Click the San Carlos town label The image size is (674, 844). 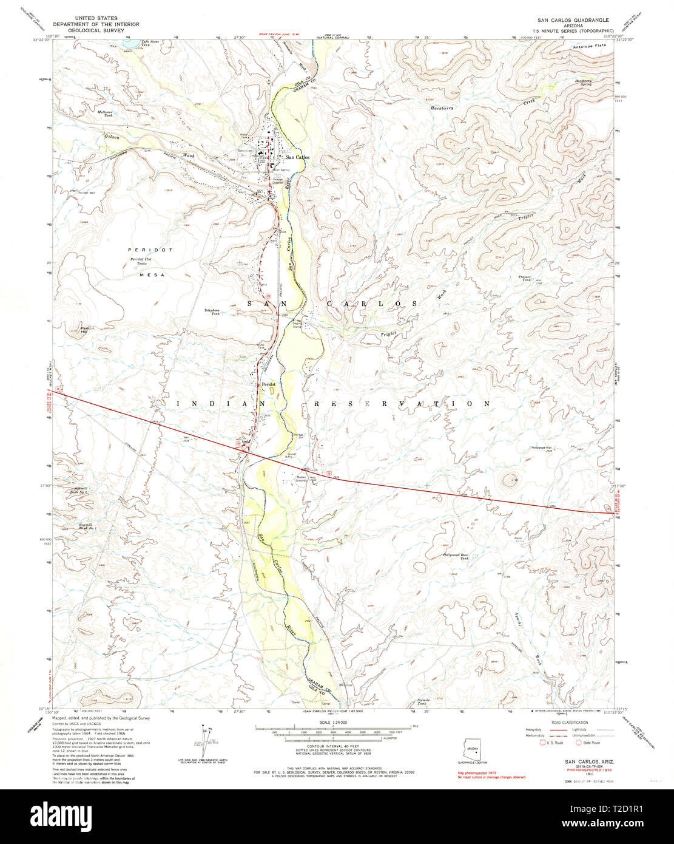click(298, 157)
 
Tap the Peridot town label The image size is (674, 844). click(269, 384)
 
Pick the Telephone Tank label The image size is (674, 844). click(212, 311)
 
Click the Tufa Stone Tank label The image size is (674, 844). click(150, 43)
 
